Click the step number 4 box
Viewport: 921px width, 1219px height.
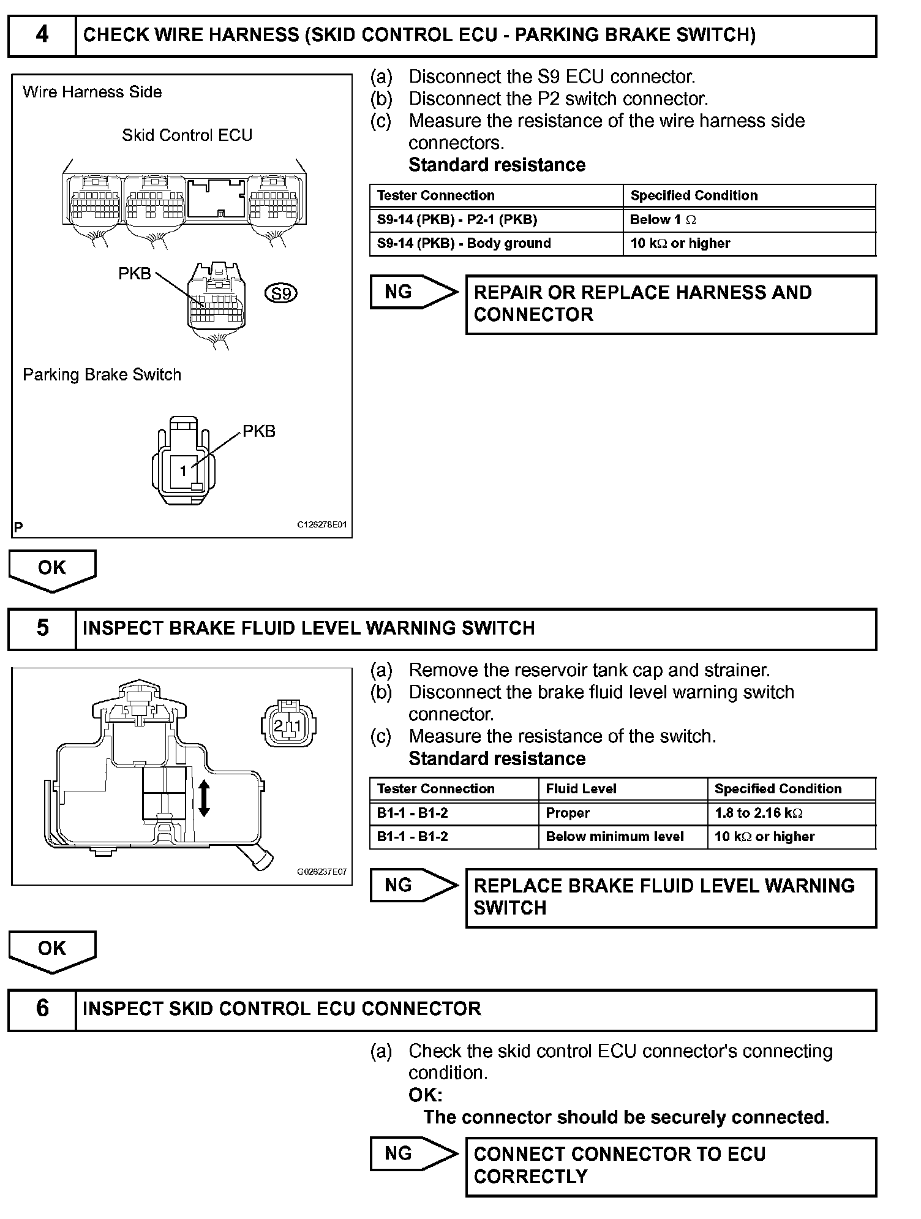pos(42,36)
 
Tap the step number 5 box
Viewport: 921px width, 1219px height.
pos(42,628)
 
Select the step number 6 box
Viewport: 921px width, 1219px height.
pos(42,1009)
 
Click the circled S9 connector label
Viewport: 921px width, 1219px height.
pos(281,294)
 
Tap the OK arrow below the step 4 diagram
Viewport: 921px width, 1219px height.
pos(52,570)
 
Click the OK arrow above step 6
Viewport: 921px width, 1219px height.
pos(52,950)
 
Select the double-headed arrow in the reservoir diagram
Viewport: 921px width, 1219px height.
pos(205,798)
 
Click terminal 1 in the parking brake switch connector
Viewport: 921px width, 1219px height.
pos(183,471)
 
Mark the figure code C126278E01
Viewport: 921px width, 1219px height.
pos(322,525)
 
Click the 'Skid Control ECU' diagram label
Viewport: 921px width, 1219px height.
pos(187,135)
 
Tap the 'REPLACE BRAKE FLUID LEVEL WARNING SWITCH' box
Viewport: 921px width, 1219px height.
pos(671,897)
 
